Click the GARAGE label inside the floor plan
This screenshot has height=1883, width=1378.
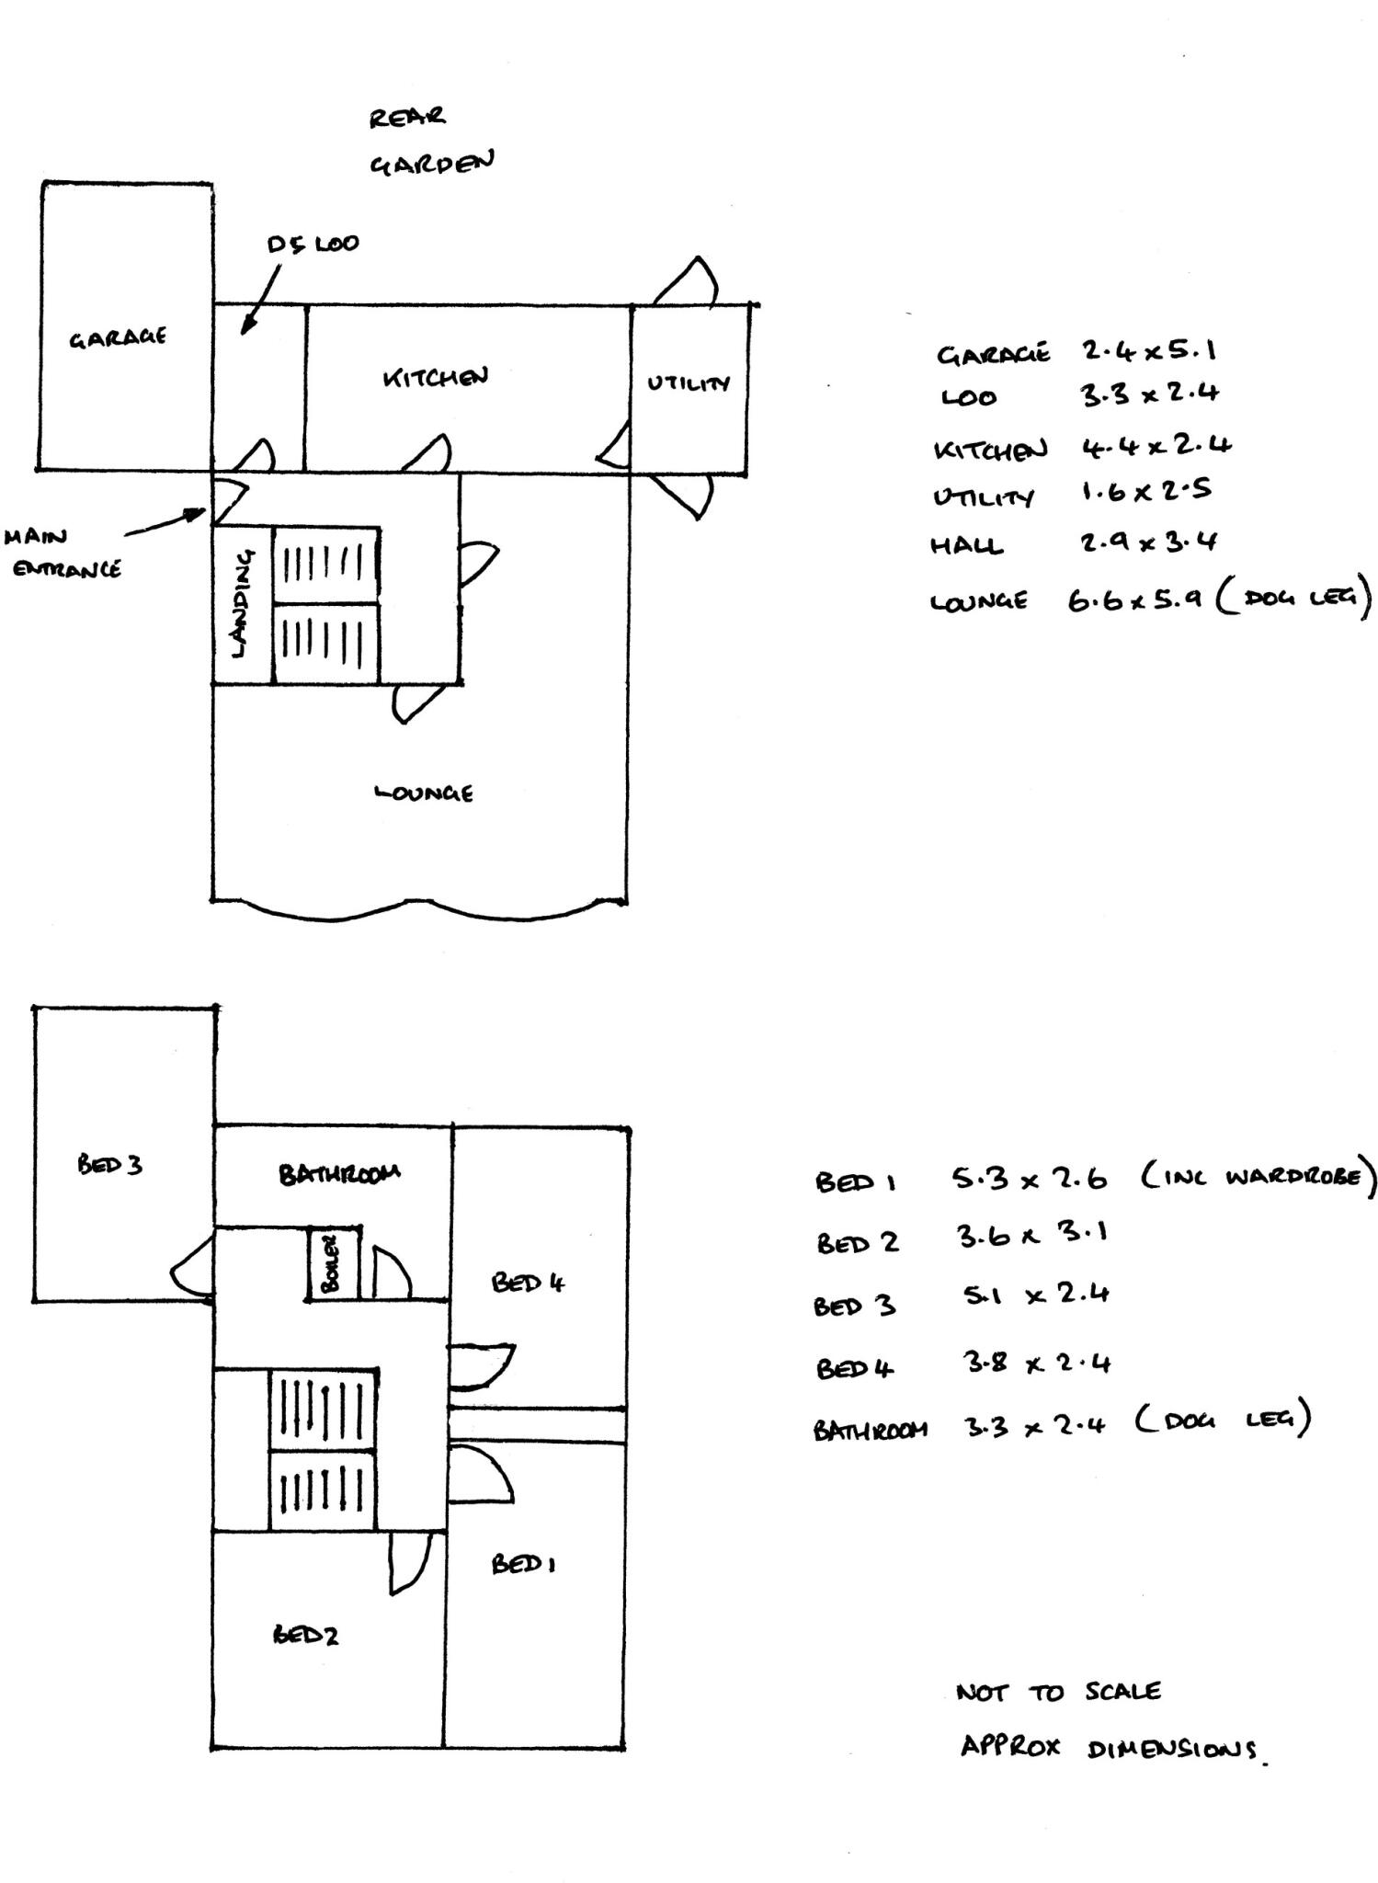click(118, 337)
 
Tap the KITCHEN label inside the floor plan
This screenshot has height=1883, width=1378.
click(435, 377)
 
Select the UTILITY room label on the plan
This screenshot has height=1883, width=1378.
click(689, 383)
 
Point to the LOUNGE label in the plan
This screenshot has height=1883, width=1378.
click(424, 793)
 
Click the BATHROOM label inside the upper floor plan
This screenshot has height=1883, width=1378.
click(339, 1174)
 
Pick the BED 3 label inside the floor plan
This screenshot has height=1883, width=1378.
click(109, 1165)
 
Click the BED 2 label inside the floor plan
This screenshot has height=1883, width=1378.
click(305, 1634)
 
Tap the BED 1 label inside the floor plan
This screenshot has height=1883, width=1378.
click(522, 1563)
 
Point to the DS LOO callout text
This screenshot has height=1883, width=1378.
click(313, 245)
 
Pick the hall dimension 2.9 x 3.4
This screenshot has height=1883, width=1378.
click(1148, 542)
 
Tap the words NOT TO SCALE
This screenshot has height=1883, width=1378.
click(1058, 1693)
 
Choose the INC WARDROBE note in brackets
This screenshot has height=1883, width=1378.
click(1258, 1177)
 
